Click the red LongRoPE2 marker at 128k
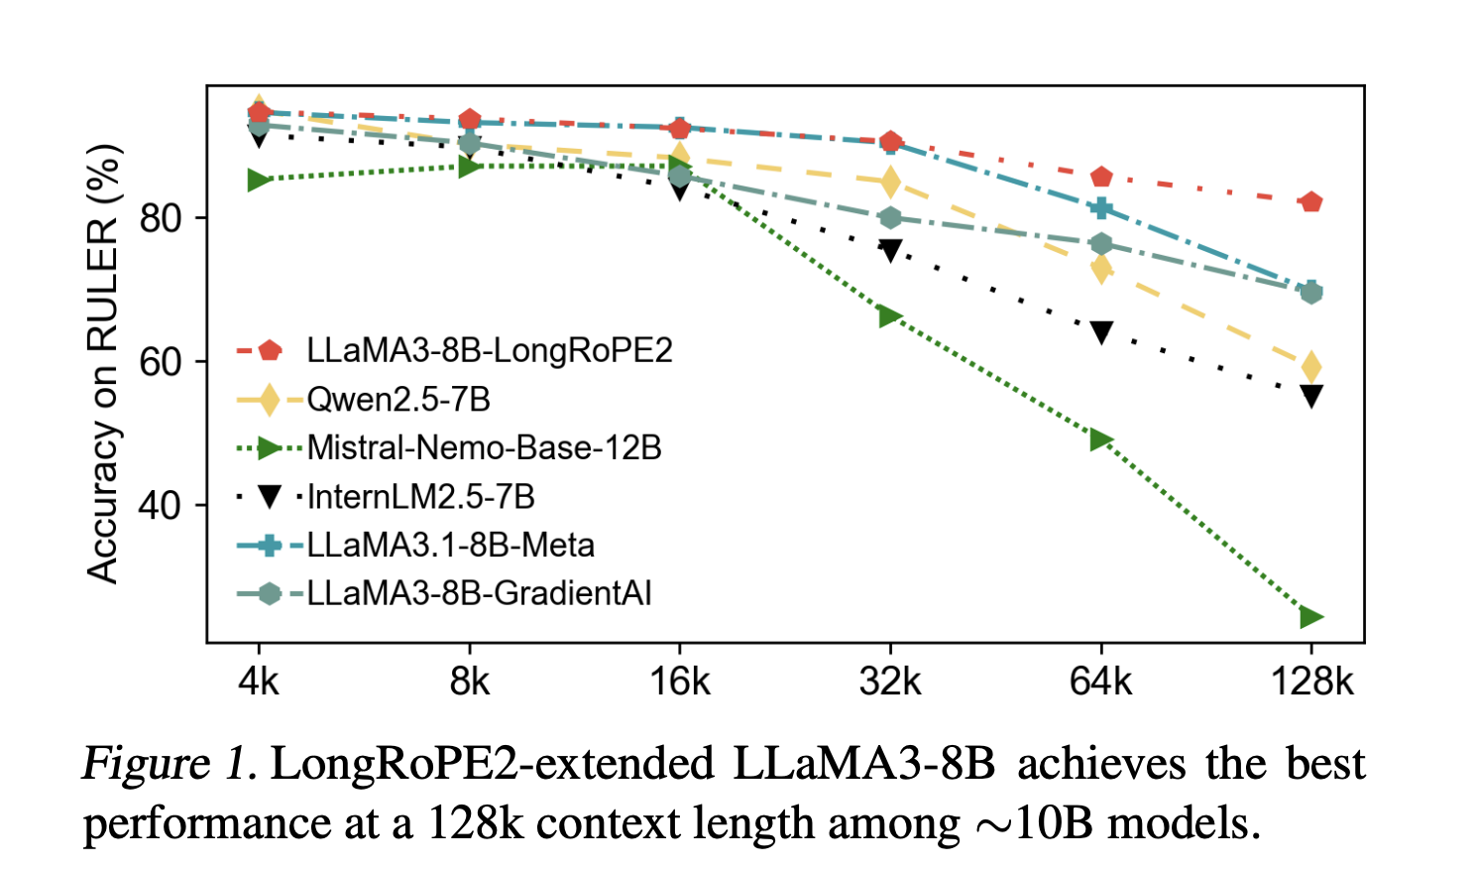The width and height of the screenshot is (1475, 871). tap(1310, 202)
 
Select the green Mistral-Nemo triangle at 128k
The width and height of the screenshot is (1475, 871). tap(1310, 617)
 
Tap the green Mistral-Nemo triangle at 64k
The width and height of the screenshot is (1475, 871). tap(1100, 439)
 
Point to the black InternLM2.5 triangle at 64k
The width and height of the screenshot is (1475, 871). tap(1101, 332)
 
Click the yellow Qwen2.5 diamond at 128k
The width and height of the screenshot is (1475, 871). tap(1310, 367)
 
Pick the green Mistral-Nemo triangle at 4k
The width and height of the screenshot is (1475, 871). tap(259, 180)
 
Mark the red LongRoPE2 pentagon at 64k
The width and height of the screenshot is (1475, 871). tap(1101, 178)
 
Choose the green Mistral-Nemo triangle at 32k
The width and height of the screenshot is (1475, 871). tap(890, 316)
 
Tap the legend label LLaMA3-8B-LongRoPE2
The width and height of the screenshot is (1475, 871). tap(490, 350)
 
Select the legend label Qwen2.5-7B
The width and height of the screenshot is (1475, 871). tap(398, 399)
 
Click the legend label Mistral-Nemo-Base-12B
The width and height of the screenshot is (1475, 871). tap(484, 447)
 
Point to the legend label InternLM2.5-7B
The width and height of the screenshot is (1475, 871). tap(420, 496)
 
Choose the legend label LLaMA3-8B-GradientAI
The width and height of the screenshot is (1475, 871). tap(479, 593)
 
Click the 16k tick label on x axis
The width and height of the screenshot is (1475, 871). tap(680, 682)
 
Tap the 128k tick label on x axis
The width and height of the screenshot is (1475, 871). tap(1310, 682)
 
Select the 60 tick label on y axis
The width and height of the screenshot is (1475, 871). tap(160, 362)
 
